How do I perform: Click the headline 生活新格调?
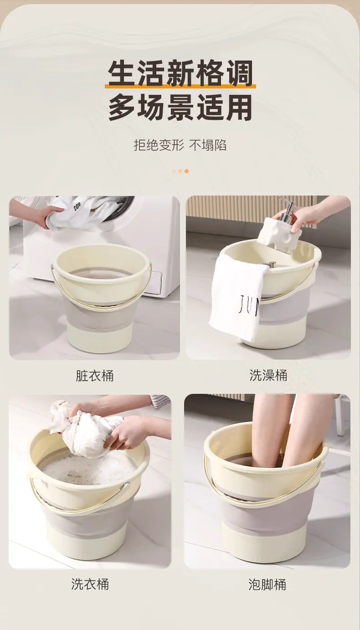[180, 73]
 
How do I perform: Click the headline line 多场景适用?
[180, 108]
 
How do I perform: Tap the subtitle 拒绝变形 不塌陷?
[180, 145]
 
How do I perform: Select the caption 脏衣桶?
[95, 376]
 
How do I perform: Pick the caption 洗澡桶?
[268, 375]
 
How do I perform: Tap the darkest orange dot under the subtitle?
[186, 171]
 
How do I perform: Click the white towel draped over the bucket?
[238, 298]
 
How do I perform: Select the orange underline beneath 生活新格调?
[180, 86]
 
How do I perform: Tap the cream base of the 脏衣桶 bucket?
[100, 339]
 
